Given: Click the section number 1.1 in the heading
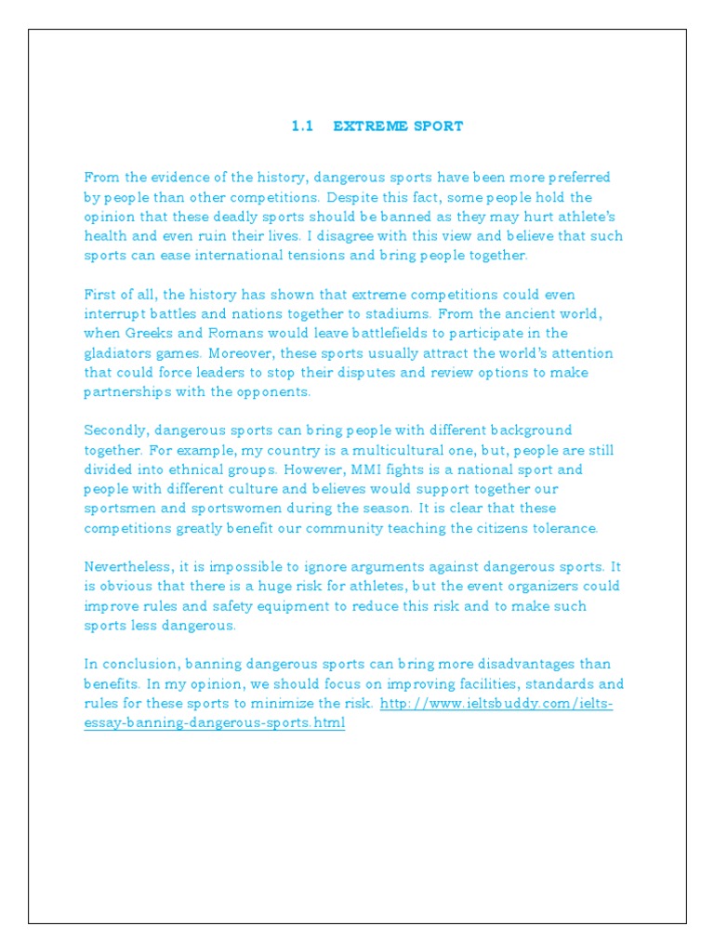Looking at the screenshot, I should coord(302,126).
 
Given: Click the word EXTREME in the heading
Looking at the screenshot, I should coord(373,126).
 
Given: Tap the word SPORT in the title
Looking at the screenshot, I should coord(440,126).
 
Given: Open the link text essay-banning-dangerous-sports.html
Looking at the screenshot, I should coord(214,722).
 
